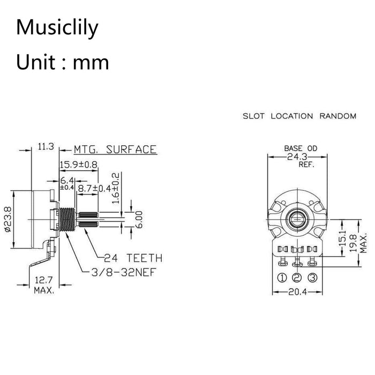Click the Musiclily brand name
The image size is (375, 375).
coord(57,27)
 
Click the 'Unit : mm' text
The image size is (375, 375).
coord(63,62)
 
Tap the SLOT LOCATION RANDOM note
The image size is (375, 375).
coord(299,116)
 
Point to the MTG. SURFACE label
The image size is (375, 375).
coord(115,149)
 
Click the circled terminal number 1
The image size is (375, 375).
coord(282,277)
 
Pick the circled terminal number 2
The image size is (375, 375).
coord(297,277)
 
